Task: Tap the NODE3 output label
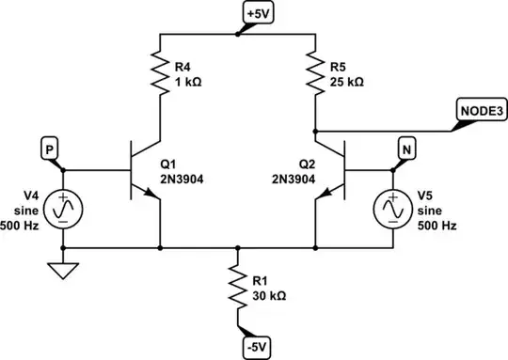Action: tap(481, 109)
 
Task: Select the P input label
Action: tap(50, 147)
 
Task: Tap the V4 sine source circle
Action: tap(63, 209)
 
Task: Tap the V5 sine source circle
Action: tap(391, 209)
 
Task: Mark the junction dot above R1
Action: tap(237, 248)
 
